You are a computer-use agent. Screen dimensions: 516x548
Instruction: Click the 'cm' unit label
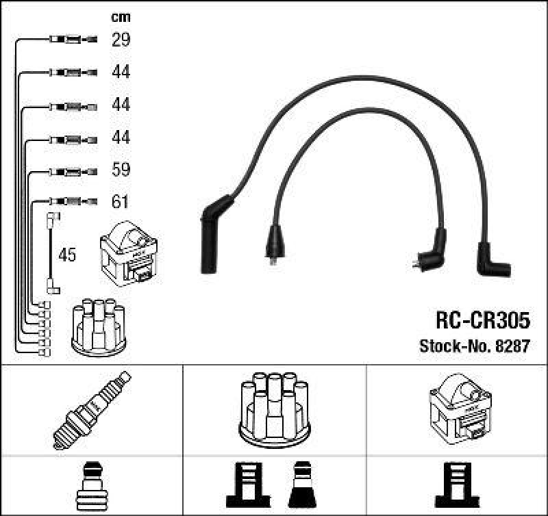(121, 17)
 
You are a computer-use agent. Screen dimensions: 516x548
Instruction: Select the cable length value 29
(121, 40)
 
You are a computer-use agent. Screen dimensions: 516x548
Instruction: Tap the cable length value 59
(121, 170)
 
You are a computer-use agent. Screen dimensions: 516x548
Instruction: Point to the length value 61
(121, 202)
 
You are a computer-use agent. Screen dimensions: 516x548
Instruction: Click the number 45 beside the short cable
(66, 255)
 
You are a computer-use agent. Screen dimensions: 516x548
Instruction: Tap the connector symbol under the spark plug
(91, 486)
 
